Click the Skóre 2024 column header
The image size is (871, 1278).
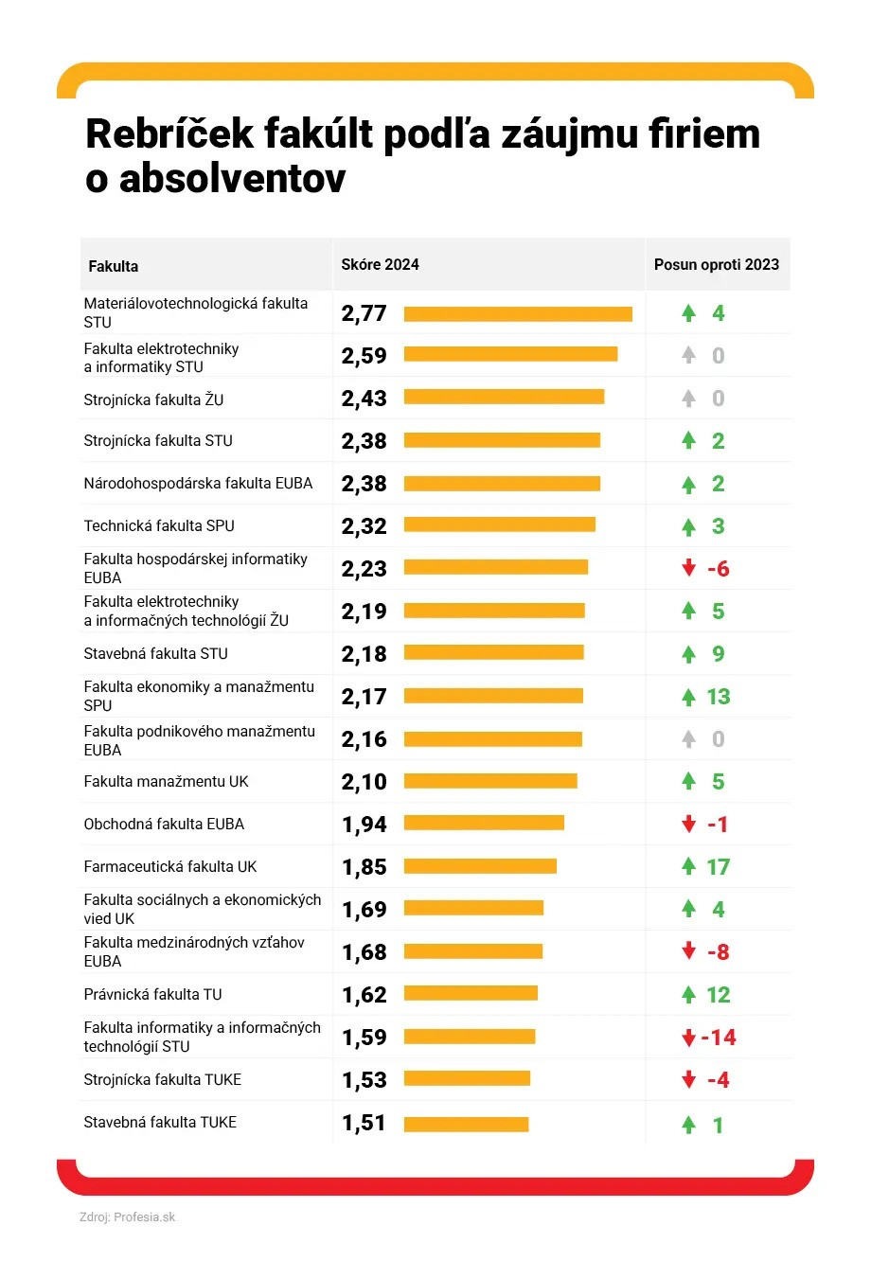point(380,265)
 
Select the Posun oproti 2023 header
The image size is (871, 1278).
point(717,265)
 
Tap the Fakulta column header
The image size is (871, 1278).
point(114,266)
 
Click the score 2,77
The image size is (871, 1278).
point(364,313)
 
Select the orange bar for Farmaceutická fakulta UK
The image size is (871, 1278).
point(480,866)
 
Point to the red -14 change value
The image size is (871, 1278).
point(719,1038)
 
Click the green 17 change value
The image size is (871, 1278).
point(719,867)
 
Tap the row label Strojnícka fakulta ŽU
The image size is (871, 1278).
point(153,399)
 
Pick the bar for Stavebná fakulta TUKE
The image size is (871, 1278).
point(466,1124)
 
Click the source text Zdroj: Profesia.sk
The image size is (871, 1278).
point(127,1217)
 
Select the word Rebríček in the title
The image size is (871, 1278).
point(169,134)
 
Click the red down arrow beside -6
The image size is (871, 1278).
point(689,568)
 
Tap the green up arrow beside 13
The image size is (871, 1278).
point(689,697)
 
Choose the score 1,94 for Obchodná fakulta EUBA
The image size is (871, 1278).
point(364,825)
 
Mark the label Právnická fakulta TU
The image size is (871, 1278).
point(152,994)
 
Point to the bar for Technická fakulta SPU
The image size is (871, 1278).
point(499,524)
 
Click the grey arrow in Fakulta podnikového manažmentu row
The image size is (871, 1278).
point(689,738)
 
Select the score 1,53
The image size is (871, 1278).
point(364,1080)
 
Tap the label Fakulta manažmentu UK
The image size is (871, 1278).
point(166,781)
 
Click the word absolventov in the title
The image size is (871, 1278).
point(233,179)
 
